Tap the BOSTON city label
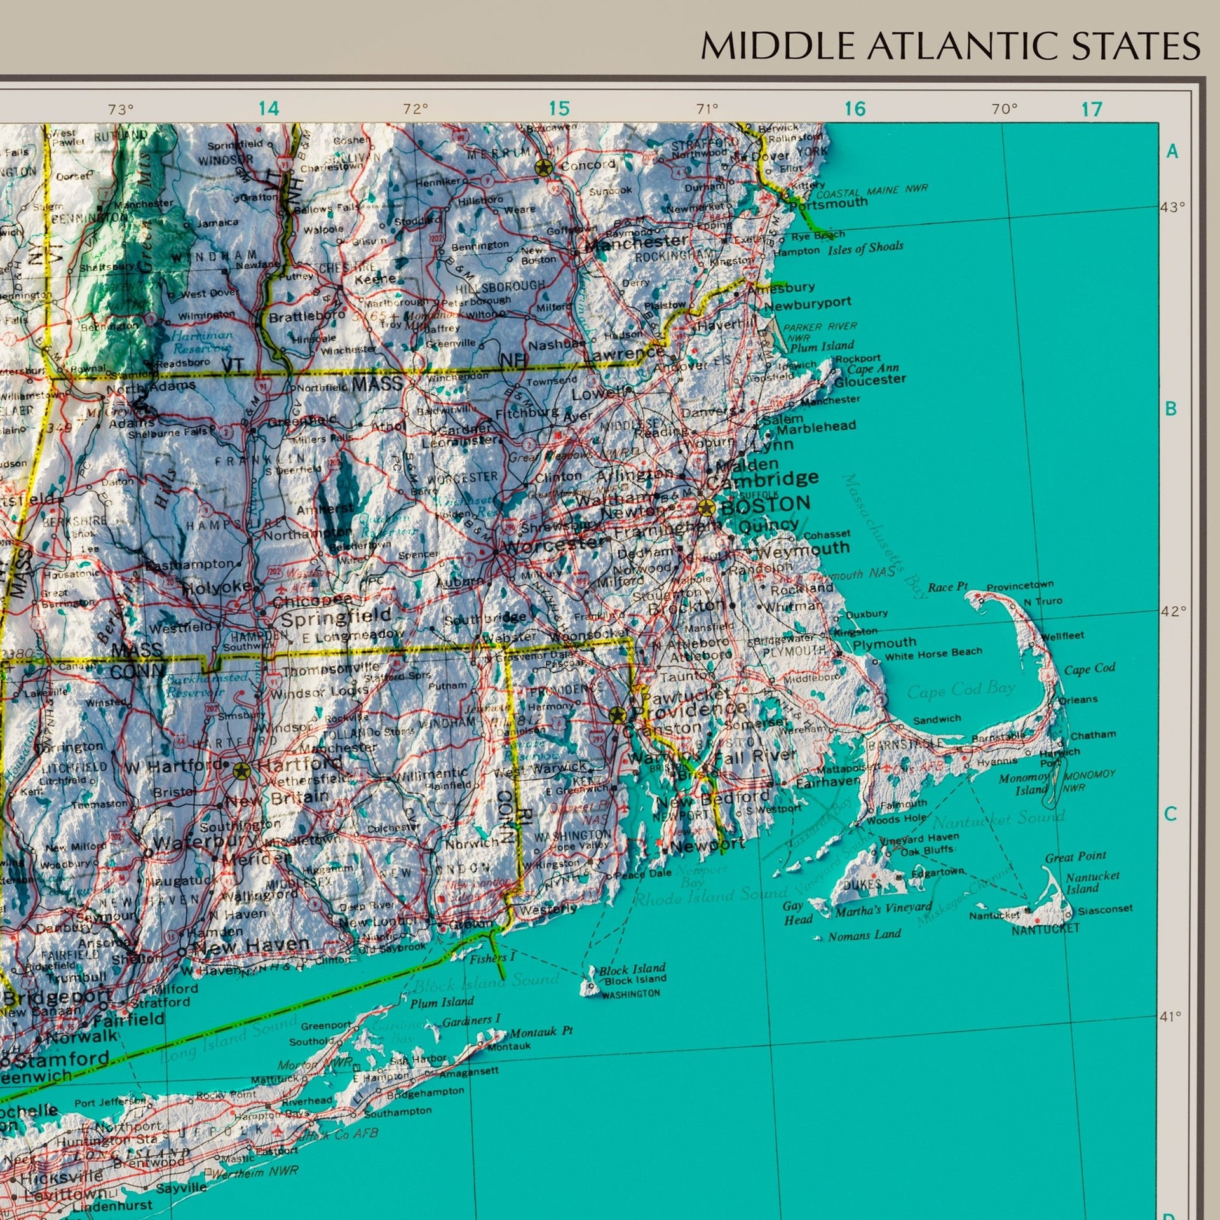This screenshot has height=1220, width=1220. [x=765, y=505]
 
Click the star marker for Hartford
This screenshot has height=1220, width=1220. [x=241, y=771]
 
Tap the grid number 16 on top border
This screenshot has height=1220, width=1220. [x=855, y=109]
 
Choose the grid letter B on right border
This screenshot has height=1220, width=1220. [x=1171, y=409]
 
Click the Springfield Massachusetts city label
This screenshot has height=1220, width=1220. [x=335, y=616]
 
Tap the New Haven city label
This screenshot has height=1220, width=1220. [x=251, y=945]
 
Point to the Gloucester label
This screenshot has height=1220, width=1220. [x=870, y=380]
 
